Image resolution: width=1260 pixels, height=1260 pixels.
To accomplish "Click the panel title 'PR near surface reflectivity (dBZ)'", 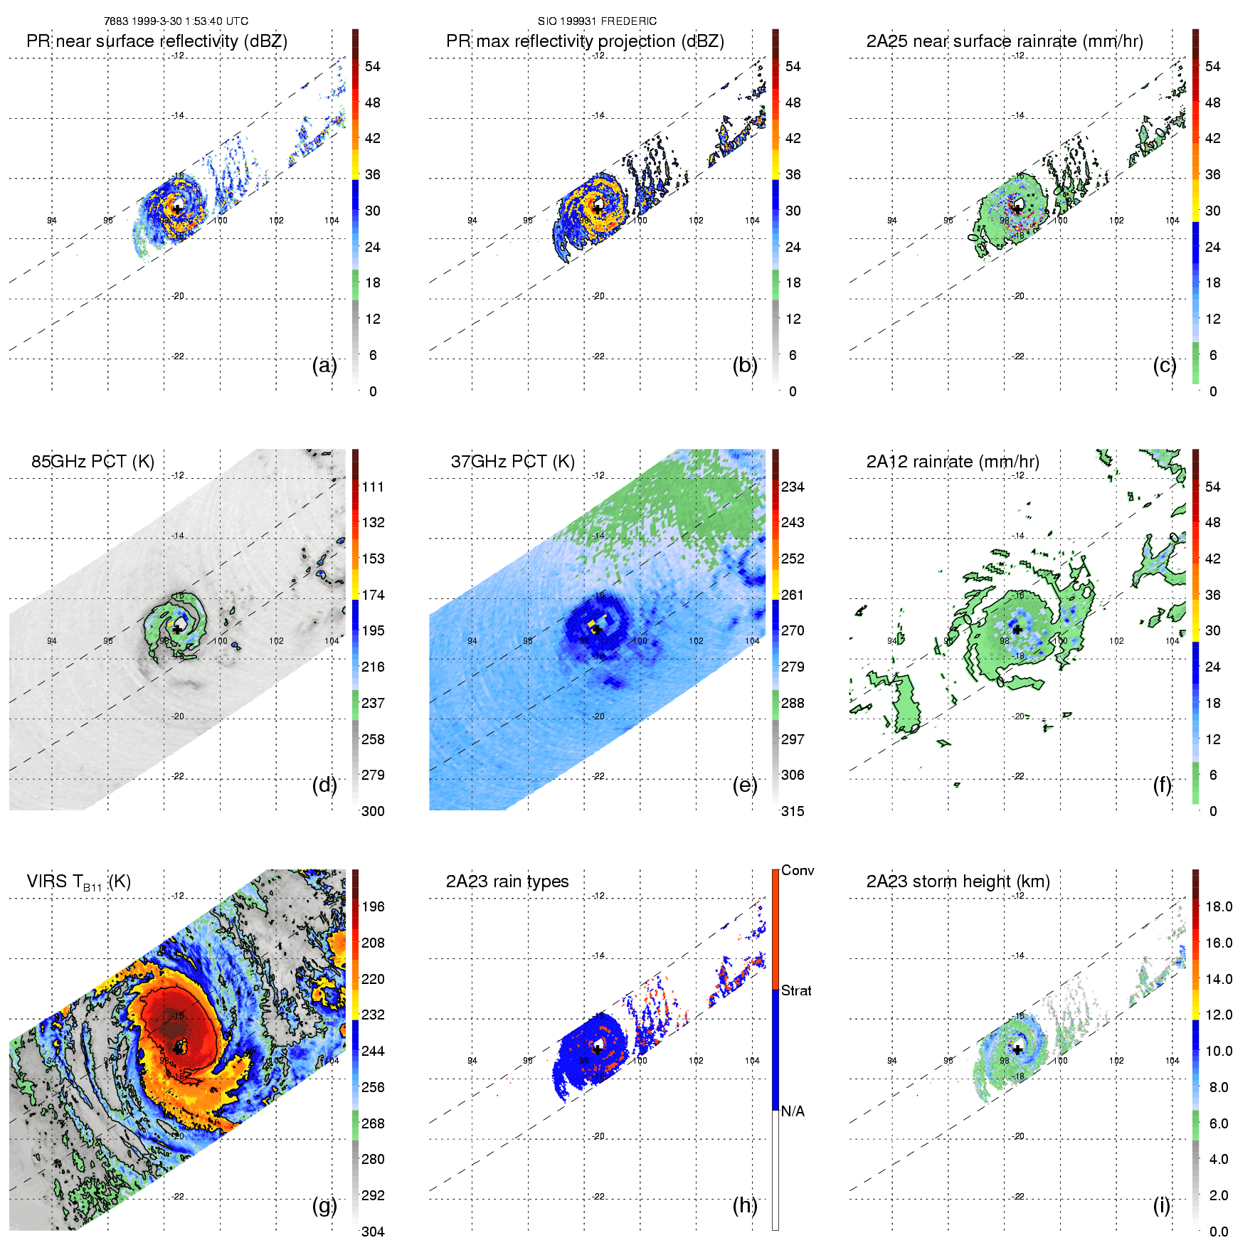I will (x=157, y=41).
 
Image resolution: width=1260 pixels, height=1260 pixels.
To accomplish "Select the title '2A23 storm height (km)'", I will (x=958, y=882).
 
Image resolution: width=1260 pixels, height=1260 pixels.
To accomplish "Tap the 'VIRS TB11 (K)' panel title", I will (x=78, y=882).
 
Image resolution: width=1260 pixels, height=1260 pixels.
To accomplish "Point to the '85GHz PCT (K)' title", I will (x=92, y=462).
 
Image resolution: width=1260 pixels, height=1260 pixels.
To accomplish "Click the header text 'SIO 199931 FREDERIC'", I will (x=597, y=21).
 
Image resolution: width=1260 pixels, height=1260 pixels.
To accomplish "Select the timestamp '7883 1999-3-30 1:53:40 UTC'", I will (x=176, y=21).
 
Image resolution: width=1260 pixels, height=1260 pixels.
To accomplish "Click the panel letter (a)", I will (x=324, y=366).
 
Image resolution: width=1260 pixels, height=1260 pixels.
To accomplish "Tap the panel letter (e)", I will (x=745, y=785).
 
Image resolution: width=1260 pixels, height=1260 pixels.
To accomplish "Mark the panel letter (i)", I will (x=1162, y=1205).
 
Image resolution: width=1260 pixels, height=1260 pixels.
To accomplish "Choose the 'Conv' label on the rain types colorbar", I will (x=798, y=870).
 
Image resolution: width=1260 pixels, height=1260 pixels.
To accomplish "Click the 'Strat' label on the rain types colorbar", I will (x=796, y=990).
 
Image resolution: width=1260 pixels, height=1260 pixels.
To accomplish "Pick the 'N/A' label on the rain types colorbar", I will (x=793, y=1111).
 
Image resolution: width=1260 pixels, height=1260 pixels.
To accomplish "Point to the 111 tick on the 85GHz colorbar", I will (x=373, y=487).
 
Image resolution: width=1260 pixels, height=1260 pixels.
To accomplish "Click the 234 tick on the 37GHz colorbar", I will (x=793, y=487).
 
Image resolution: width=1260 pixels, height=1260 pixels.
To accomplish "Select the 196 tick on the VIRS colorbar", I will (x=373, y=906).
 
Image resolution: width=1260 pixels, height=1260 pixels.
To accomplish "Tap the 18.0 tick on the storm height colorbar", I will (x=1218, y=906).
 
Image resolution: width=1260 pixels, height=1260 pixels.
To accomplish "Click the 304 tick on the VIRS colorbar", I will (x=373, y=1232).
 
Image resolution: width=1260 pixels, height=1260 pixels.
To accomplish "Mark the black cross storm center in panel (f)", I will (x=1017, y=629).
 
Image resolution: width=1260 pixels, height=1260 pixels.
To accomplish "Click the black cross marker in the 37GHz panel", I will (x=598, y=630).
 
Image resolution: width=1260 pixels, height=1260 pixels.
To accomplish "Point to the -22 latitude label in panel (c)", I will (x=1019, y=356).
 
